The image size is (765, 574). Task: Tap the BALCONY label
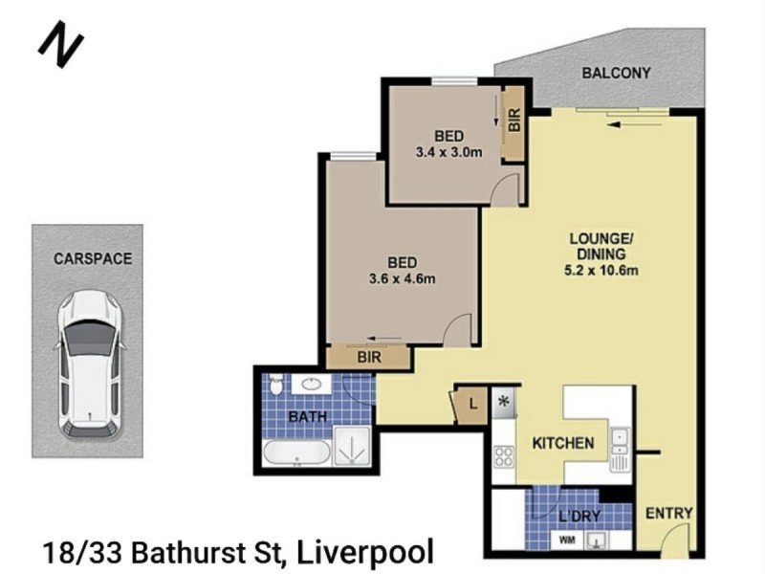point(617,73)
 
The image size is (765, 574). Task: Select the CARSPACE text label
point(93,258)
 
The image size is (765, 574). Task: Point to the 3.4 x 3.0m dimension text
point(448,152)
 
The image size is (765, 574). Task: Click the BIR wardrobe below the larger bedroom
point(368,358)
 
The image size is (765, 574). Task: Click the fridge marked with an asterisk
point(505,403)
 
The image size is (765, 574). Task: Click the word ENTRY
point(668,514)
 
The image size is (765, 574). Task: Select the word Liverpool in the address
point(365,552)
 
